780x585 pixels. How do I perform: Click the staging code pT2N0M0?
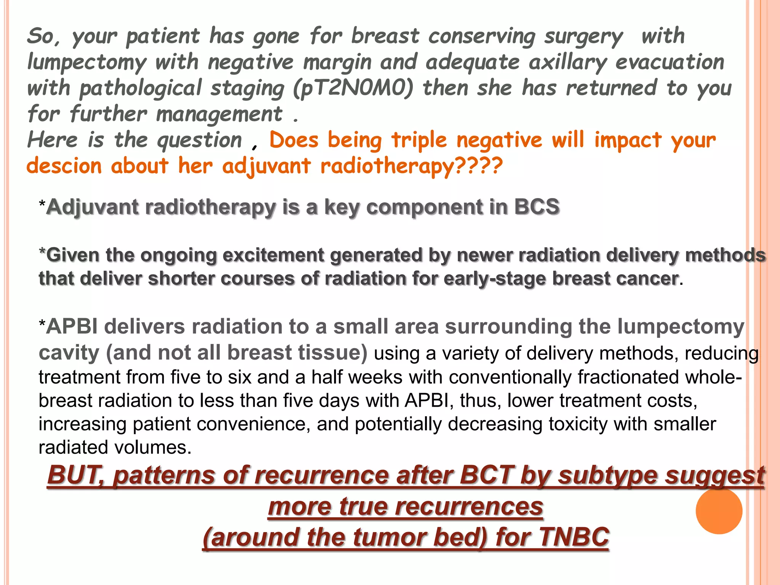tap(353, 88)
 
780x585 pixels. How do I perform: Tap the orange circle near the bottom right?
tap(719, 511)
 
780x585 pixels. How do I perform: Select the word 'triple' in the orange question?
tap(419, 140)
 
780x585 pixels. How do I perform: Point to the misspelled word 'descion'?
tap(64, 166)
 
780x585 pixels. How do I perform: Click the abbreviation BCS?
tap(537, 207)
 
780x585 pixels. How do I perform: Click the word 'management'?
tap(219, 114)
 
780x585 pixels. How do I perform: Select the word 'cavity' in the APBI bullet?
tap(69, 353)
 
